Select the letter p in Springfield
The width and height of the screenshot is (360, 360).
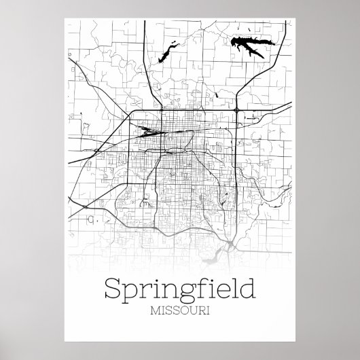130,293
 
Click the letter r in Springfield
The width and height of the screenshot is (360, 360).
144,292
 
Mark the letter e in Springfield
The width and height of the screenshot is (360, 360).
216,292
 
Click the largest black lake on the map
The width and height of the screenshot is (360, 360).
249,48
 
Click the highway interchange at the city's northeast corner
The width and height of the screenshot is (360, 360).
236,115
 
